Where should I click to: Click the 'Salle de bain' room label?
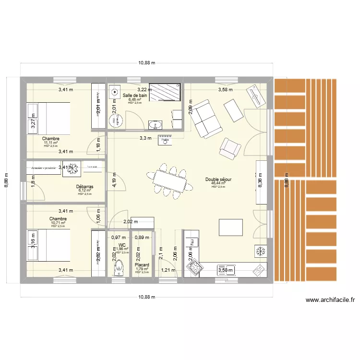pos(135,96)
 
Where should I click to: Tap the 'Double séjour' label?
pos(218,180)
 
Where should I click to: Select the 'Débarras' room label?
pos(84,187)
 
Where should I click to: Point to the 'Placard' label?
pos(142,264)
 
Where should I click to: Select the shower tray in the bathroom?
pos(165,92)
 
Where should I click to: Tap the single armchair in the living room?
pos(229,148)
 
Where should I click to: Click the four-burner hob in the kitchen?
pos(195,269)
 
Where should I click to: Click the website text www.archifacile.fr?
pos(330,300)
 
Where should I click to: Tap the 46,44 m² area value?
pos(218,183)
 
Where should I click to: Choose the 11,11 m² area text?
pos(50,143)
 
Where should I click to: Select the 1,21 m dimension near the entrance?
pos(168,270)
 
